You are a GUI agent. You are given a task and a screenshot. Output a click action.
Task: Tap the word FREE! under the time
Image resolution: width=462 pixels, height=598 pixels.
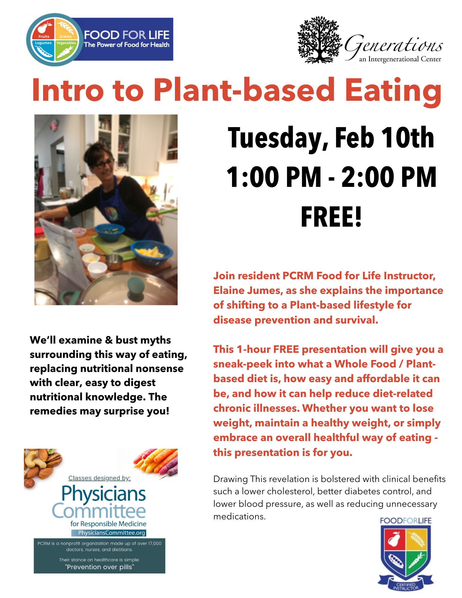(x=331, y=217)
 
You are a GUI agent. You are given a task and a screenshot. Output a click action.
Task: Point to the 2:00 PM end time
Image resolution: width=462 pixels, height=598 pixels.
(x=389, y=177)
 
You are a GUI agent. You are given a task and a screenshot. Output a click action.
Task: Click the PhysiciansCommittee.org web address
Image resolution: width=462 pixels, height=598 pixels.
(x=112, y=533)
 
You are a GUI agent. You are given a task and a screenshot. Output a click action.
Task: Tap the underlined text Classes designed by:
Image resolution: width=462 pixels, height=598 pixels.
(x=100, y=478)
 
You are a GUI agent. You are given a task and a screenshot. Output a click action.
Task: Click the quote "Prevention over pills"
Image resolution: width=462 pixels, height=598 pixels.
(x=100, y=567)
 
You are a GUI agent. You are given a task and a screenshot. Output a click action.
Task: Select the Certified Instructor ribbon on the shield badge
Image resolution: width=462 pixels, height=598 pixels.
(x=406, y=585)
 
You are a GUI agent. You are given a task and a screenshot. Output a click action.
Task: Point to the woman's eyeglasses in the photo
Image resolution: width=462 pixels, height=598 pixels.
(x=104, y=164)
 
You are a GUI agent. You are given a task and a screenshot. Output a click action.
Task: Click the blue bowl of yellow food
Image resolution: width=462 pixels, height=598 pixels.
(x=152, y=253)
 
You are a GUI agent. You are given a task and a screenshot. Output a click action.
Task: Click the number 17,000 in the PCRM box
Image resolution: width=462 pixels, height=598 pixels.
(x=155, y=543)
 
